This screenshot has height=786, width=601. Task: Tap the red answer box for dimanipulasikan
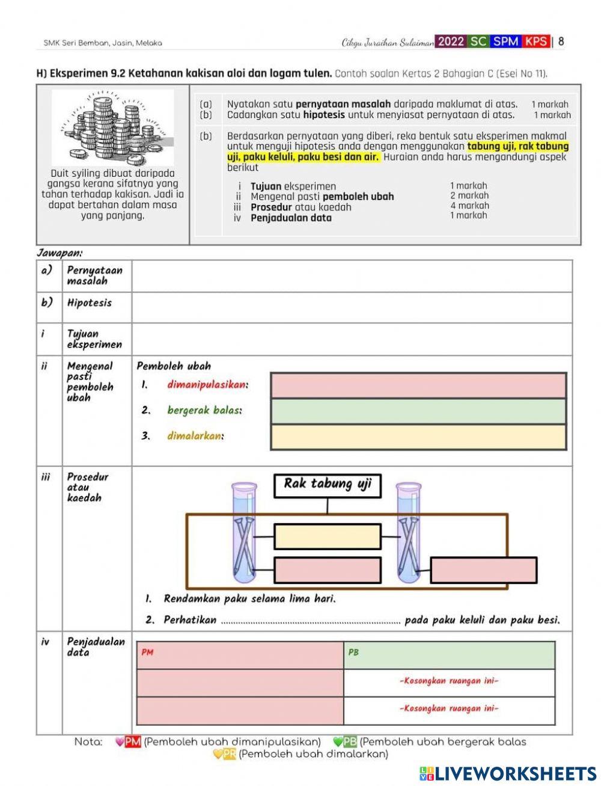[418, 385]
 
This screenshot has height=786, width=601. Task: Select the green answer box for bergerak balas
[418, 411]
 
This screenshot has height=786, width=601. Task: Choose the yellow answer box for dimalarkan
[418, 437]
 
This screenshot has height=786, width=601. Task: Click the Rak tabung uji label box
[328, 485]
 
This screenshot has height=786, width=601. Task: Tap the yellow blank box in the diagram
[328, 536]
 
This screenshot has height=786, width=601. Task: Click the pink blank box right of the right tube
[484, 570]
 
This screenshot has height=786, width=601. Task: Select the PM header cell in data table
[240, 655]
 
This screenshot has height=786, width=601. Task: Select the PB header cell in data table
[450, 655]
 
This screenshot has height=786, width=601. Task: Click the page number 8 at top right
[561, 41]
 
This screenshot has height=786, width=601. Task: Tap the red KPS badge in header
[535, 41]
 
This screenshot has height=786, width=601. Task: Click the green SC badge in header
[478, 41]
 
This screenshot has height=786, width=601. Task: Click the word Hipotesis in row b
[90, 302]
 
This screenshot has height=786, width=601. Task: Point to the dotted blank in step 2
[310, 621]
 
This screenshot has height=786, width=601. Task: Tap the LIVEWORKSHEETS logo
[507, 773]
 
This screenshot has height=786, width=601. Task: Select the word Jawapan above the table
[59, 253]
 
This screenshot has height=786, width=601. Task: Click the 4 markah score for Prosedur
[469, 206]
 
